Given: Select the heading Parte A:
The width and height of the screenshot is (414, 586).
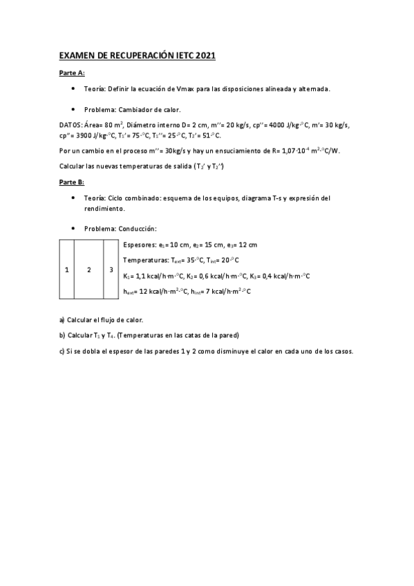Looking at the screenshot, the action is pyautogui.click(x=71, y=73).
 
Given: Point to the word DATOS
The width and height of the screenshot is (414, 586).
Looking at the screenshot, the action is pyautogui.click(x=70, y=124).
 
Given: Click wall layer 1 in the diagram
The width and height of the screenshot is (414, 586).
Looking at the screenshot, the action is pyautogui.click(x=66, y=270).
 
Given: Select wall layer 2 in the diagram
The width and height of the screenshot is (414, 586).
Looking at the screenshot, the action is pyautogui.click(x=88, y=270).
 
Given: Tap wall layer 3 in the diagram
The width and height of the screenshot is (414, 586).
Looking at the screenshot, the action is pyautogui.click(x=111, y=270).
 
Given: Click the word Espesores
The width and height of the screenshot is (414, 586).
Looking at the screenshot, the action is pyautogui.click(x=139, y=245).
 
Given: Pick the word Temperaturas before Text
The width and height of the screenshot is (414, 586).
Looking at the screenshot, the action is pyautogui.click(x=145, y=260).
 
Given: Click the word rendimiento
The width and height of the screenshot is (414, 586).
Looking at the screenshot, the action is pyautogui.click(x=104, y=208).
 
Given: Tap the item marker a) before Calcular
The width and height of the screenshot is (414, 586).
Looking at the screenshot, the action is pyautogui.click(x=62, y=319).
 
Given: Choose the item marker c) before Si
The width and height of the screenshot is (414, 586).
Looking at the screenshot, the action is pyautogui.click(x=62, y=350).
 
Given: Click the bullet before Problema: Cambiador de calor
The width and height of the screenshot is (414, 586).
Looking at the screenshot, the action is pyautogui.click(x=73, y=109).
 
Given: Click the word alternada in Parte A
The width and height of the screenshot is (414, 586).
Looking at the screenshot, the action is pyautogui.click(x=313, y=89).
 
